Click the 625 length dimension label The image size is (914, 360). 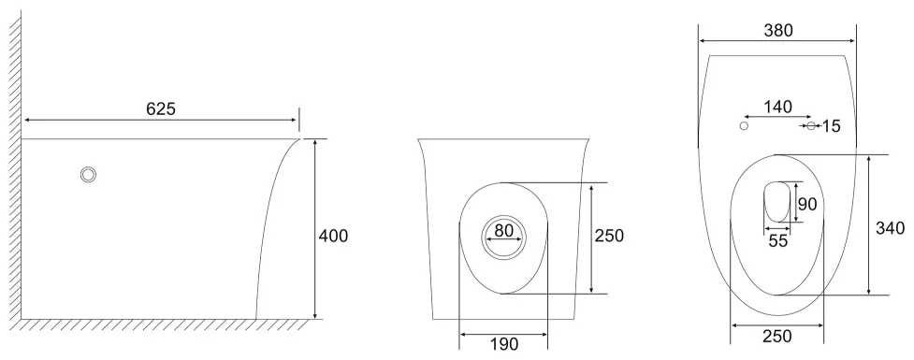[160, 108]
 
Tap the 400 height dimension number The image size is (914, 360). [333, 236]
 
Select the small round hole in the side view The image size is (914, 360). [88, 174]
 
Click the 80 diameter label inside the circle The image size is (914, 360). [503, 231]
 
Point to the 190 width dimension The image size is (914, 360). [503, 344]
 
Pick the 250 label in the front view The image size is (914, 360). [609, 236]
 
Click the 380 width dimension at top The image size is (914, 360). [778, 30]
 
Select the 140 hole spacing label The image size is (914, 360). [778, 108]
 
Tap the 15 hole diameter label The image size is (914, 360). [832, 126]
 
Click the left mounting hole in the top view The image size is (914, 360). [744, 126]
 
